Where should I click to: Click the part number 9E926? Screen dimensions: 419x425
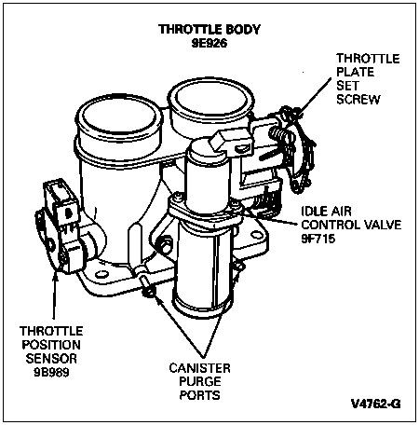(209, 43)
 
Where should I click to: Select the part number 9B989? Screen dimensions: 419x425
(51, 372)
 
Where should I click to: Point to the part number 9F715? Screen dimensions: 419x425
(318, 239)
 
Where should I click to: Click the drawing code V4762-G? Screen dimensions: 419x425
(376, 404)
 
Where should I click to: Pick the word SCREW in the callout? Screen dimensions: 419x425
(358, 100)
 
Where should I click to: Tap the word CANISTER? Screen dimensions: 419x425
(200, 368)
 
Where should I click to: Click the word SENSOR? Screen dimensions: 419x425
(51, 359)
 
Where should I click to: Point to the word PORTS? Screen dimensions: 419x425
(200, 395)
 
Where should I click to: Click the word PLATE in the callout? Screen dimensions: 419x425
(356, 72)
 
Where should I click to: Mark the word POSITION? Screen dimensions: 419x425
(51, 345)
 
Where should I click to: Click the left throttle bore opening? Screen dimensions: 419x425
(119, 119)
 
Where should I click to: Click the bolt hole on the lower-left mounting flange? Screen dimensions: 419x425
(101, 274)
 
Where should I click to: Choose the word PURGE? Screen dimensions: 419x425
(200, 381)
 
